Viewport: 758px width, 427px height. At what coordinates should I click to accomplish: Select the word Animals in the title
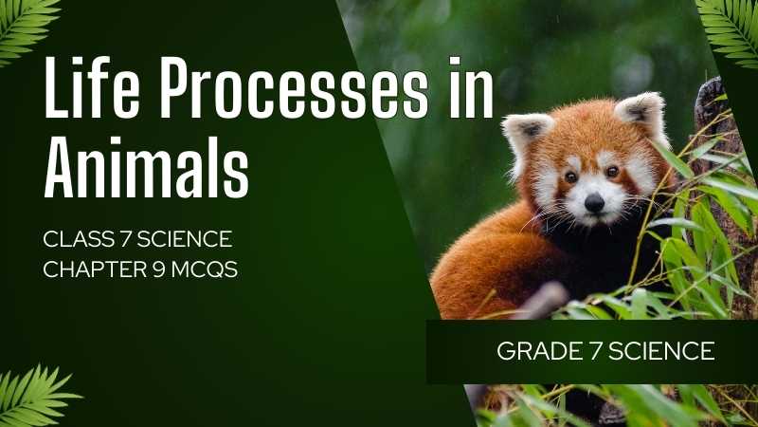(147, 167)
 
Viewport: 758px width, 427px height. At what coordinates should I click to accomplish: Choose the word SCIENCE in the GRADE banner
(661, 351)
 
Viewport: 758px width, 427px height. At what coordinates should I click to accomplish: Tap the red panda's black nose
(594, 202)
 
